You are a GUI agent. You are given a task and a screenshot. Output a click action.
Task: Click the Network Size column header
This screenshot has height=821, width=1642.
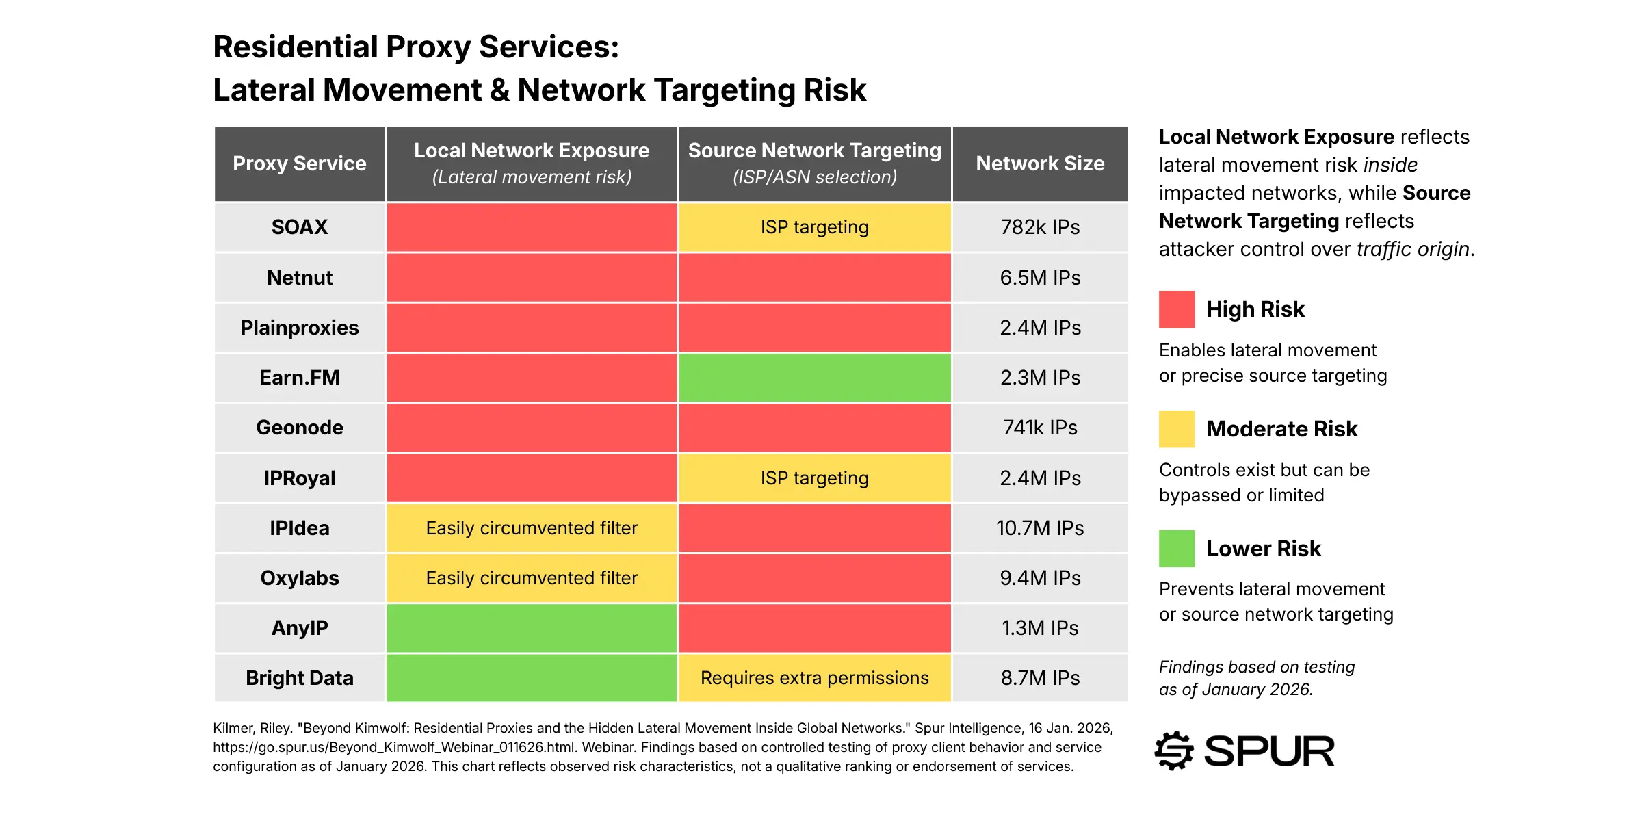(1040, 164)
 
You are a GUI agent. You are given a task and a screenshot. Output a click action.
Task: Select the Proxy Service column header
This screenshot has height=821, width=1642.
(300, 164)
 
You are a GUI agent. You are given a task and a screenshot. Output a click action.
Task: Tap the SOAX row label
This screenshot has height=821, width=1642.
(300, 227)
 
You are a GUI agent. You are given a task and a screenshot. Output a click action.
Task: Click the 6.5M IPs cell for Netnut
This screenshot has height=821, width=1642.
(1040, 278)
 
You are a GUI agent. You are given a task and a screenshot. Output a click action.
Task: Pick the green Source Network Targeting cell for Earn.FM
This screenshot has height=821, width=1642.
(814, 378)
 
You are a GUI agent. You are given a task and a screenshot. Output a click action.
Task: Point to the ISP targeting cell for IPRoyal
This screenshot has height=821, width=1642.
(814, 478)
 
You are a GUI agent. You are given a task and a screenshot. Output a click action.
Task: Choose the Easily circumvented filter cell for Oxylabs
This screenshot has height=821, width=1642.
(532, 578)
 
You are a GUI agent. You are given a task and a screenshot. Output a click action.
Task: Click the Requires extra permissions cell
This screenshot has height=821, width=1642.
(814, 678)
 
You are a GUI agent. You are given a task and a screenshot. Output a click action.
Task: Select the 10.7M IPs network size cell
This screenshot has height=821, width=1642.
(1040, 528)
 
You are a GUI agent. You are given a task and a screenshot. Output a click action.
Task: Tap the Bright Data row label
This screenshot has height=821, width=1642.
(300, 678)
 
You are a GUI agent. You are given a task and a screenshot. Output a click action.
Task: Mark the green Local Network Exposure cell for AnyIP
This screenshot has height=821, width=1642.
(532, 628)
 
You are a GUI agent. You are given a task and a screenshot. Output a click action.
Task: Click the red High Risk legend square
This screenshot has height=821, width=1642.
(1177, 309)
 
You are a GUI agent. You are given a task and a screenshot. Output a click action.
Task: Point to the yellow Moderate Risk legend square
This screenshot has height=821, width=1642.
(1177, 429)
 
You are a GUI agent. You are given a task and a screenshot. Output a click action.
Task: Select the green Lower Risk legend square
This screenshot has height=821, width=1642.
(1177, 549)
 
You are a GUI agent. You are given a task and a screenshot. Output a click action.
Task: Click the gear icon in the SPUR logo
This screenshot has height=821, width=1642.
(1174, 751)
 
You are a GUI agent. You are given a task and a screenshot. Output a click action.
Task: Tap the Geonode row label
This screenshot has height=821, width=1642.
(300, 428)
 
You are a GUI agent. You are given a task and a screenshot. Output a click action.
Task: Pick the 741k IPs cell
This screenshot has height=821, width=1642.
(1040, 428)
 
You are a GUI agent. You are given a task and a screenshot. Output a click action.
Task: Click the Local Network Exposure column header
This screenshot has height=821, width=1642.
(532, 164)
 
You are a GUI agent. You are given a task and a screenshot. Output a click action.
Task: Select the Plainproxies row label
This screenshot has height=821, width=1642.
(300, 328)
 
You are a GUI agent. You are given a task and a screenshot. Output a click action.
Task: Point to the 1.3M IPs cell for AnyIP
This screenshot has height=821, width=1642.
(1040, 628)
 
